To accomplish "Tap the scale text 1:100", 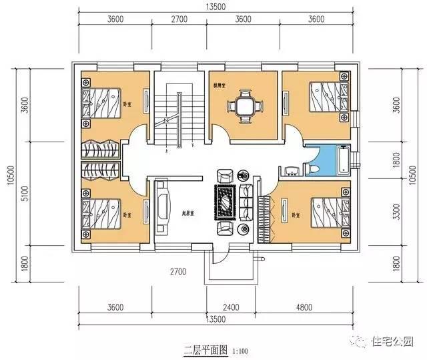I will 242,349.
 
